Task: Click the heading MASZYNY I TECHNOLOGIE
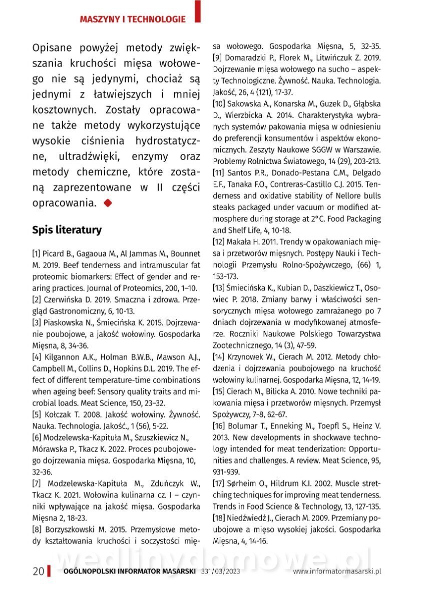point(133,19)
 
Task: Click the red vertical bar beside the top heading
point(198,11)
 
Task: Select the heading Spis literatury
point(67,229)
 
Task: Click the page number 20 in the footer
point(38,571)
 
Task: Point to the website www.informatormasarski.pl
point(337,571)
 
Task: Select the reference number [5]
point(37,414)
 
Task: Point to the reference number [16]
point(219,426)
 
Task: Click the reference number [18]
point(219,517)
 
